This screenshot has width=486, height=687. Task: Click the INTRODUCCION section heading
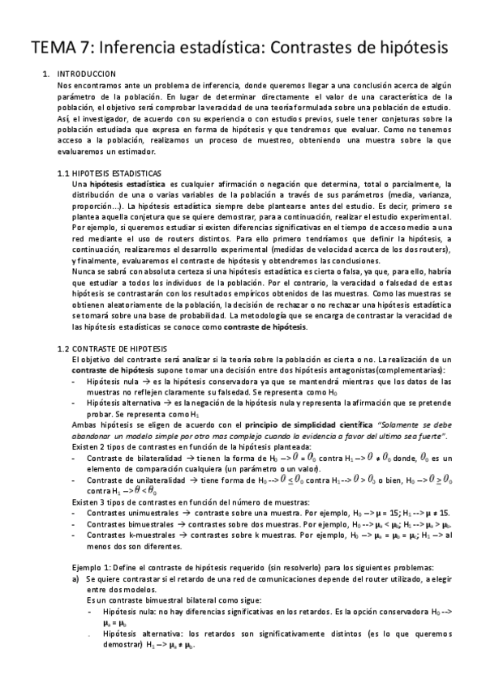tap(89, 74)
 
